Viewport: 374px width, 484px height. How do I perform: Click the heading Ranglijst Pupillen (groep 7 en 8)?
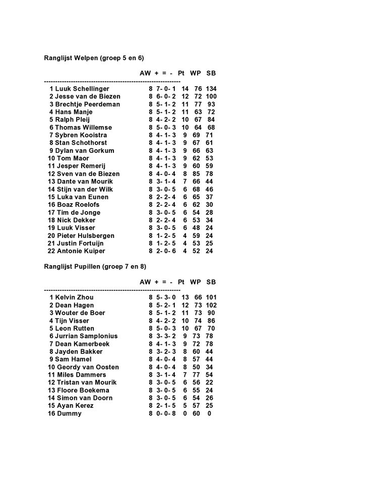point(95,266)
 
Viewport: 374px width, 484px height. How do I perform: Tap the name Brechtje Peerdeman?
point(88,104)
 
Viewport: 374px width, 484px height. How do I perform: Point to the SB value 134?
point(211,89)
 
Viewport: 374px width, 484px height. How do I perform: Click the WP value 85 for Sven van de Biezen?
point(197,174)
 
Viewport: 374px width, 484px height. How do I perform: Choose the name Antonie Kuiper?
point(81,251)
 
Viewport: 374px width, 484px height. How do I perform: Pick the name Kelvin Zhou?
point(74,297)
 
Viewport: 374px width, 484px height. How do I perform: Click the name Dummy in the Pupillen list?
point(69,413)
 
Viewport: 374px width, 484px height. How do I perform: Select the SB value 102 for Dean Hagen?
point(211,305)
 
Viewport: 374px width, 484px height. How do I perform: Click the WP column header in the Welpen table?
point(196,73)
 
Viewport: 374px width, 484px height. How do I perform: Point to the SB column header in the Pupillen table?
point(211,282)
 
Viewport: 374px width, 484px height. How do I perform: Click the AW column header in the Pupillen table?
point(145,282)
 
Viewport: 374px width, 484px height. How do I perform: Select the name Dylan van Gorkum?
point(85,151)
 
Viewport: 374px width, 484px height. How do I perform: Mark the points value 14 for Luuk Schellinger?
point(185,89)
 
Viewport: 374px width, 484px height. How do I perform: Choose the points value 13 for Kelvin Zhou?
point(185,297)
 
